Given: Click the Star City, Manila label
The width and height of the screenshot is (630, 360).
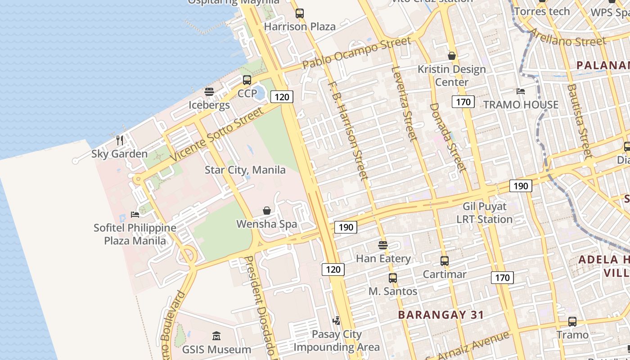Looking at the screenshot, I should [245, 170].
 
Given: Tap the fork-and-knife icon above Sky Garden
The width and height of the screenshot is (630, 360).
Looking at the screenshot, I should [120, 140].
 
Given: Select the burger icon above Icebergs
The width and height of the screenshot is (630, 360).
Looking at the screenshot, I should [209, 92].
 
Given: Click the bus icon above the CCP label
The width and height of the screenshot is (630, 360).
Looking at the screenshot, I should [247, 80].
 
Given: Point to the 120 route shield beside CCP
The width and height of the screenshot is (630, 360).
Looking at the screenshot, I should [282, 97].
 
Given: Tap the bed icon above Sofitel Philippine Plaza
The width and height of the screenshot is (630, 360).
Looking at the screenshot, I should [135, 214].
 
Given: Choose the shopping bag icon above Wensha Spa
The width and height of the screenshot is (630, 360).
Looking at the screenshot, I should [267, 211].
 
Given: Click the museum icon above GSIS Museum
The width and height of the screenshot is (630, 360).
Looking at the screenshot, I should [216, 336].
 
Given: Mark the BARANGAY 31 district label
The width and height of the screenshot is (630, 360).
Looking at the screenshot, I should [441, 315].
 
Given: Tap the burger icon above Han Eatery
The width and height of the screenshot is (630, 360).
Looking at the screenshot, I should [383, 245].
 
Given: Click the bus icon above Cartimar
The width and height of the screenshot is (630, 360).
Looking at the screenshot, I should [445, 261].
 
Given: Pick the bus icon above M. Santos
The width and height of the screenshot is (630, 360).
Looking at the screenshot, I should [393, 278].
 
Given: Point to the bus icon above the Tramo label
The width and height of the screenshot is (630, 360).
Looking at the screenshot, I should [572, 322].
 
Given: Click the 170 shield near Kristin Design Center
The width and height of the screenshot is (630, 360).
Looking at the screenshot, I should [463, 102].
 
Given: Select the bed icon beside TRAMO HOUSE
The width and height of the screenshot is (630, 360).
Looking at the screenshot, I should [521, 91].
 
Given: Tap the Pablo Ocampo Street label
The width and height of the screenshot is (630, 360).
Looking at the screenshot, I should [356, 53].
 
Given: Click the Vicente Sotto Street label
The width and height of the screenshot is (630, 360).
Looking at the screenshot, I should [216, 135].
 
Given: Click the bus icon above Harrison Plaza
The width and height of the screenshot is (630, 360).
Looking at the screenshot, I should [300, 13].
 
